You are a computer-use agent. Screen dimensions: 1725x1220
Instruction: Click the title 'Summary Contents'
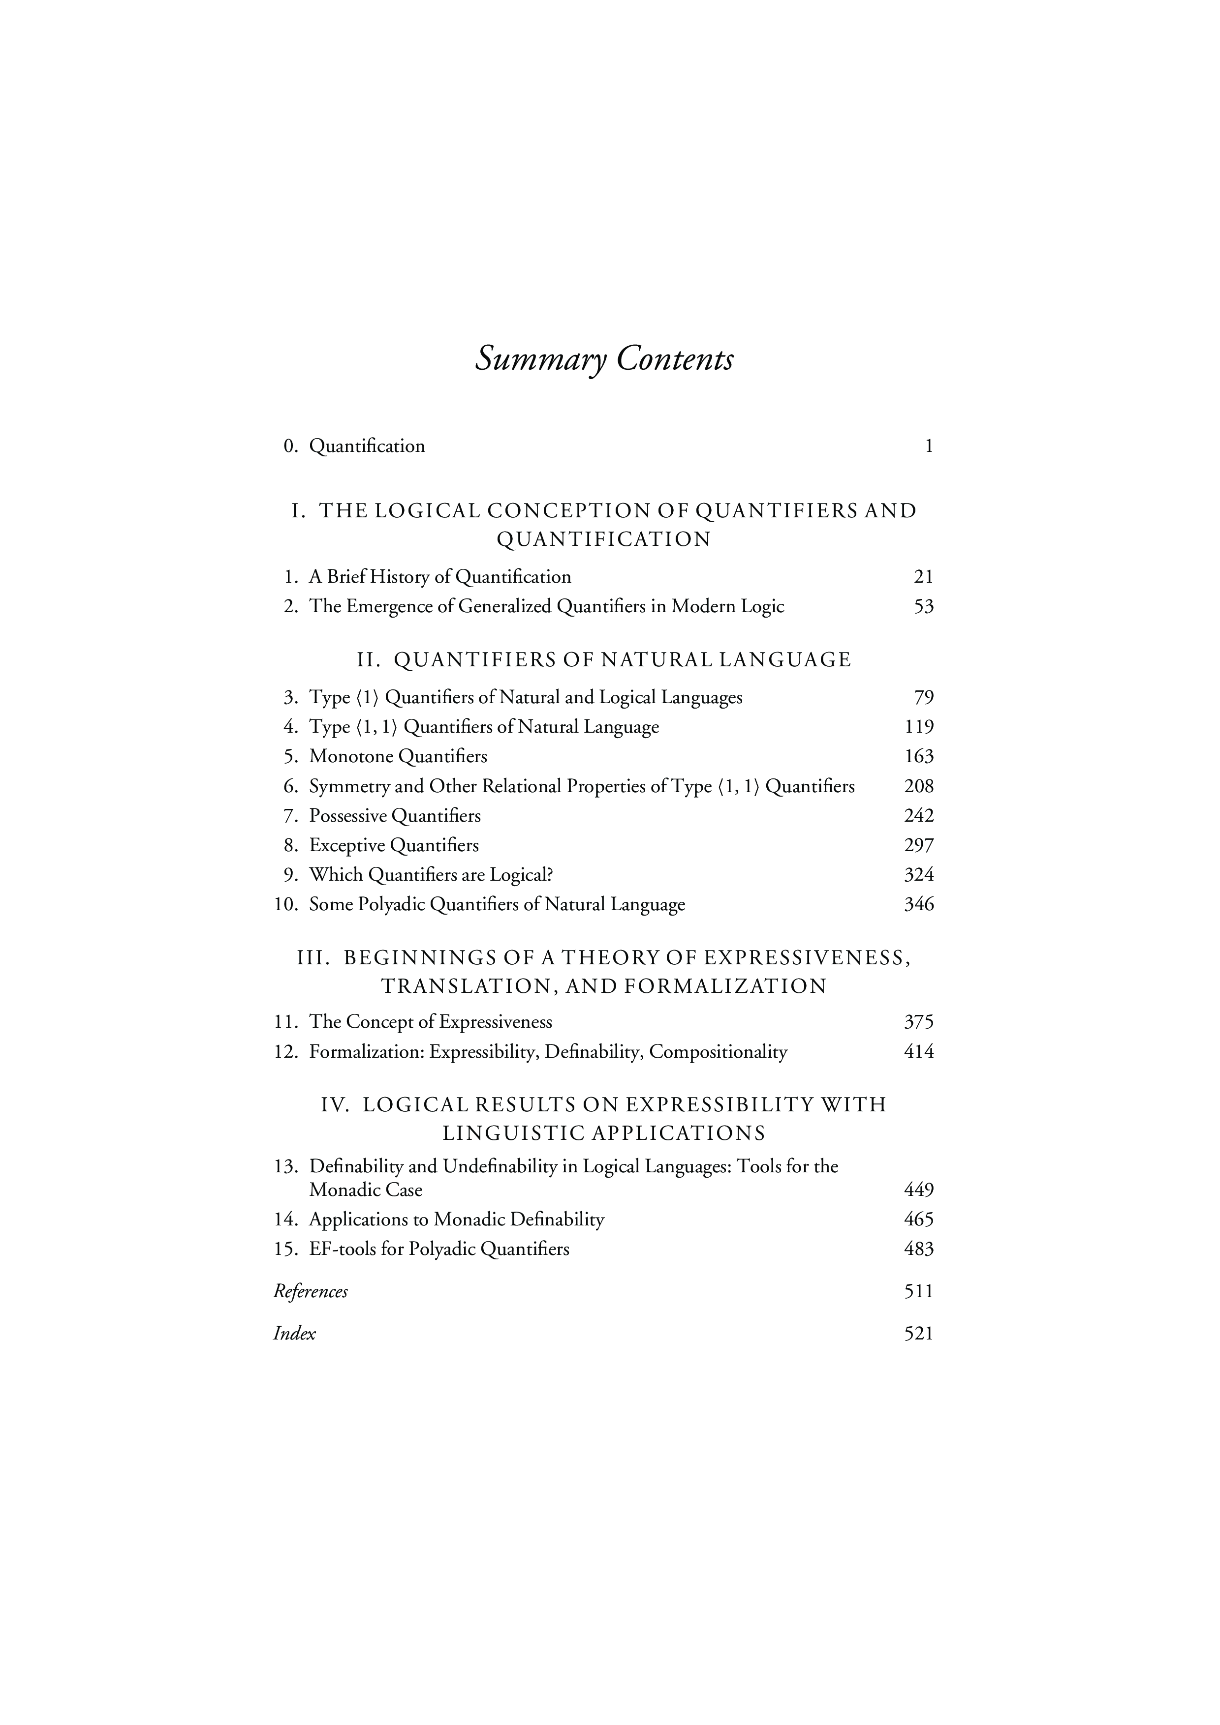tap(604, 359)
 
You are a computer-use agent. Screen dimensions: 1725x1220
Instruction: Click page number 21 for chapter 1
tap(923, 577)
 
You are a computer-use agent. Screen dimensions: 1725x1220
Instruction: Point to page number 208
tap(919, 787)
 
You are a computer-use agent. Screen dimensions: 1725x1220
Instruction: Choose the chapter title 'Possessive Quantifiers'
tap(395, 816)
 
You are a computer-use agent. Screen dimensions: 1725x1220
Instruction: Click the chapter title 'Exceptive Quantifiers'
tap(394, 846)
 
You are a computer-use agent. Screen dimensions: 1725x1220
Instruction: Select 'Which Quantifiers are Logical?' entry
tap(431, 875)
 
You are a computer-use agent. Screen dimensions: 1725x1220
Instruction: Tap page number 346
tap(919, 905)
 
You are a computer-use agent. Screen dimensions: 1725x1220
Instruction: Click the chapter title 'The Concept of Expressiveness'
tap(430, 1022)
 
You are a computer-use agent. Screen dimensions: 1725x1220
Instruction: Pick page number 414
tap(919, 1052)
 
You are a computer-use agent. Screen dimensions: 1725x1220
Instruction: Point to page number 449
tap(919, 1190)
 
